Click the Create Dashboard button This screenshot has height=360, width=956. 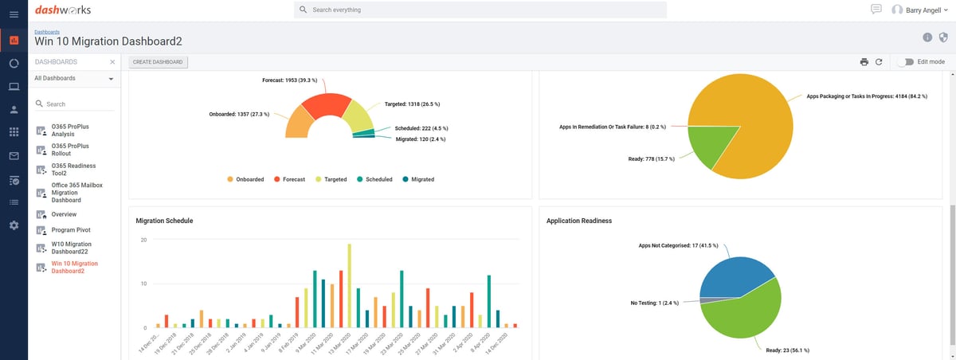pyautogui.click(x=158, y=62)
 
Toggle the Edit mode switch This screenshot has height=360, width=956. pyautogui.click(x=905, y=62)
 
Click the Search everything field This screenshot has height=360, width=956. pyautogui.click(x=480, y=10)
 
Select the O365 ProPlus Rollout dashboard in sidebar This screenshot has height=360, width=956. pyautogui.click(x=70, y=151)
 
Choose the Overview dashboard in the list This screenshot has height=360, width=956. pyautogui.click(x=64, y=214)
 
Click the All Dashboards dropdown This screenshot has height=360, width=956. pyautogui.click(x=73, y=78)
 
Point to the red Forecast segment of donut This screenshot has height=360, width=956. pyautogui.click(x=323, y=108)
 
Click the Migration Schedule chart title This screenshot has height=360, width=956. pyautogui.click(x=164, y=220)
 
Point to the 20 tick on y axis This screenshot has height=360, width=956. pyautogui.click(x=143, y=240)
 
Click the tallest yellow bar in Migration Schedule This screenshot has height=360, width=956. pyautogui.click(x=350, y=286)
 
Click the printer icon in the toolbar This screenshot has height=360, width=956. pyautogui.click(x=864, y=62)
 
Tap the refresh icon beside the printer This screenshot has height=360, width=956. pyautogui.click(x=879, y=62)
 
